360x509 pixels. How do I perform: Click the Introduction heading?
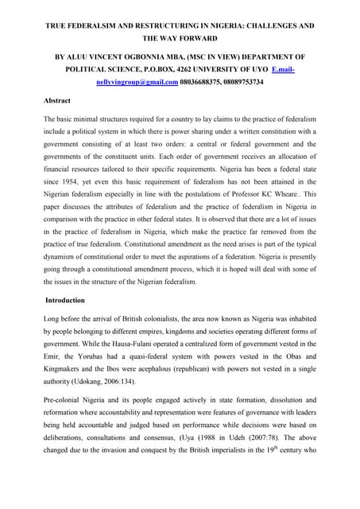(x=71, y=301)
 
